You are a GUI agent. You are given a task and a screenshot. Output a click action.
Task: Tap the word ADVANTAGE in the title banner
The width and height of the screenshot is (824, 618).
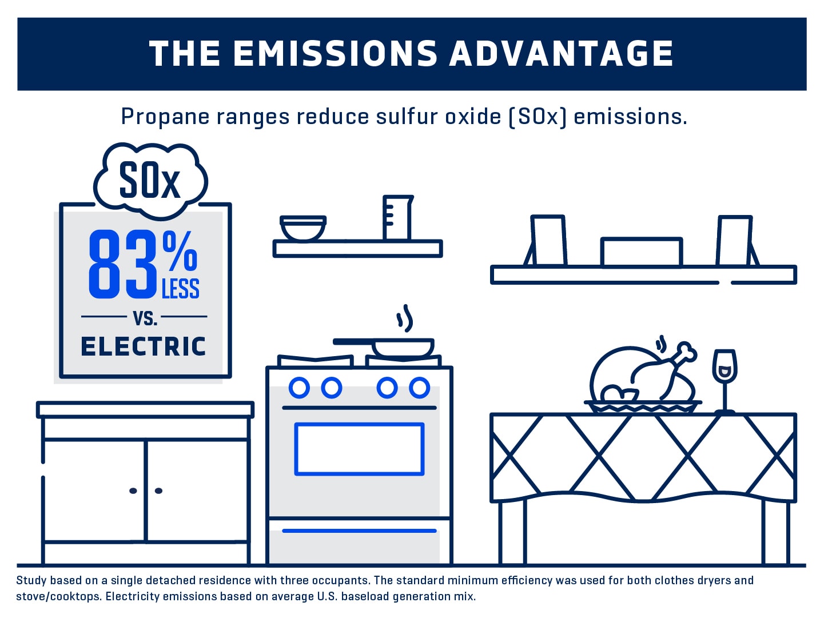pyautogui.click(x=562, y=54)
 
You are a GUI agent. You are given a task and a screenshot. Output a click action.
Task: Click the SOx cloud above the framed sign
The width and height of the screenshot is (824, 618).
pyautogui.click(x=150, y=181)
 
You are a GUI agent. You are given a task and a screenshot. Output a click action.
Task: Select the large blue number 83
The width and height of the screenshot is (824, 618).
pyautogui.click(x=123, y=265)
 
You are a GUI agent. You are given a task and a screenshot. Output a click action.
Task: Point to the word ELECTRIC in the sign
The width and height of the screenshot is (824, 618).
pyautogui.click(x=144, y=346)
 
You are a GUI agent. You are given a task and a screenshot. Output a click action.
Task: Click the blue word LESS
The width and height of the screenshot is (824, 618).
pyautogui.click(x=181, y=289)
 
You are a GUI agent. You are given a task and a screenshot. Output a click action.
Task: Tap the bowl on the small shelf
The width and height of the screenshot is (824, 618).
pyautogui.click(x=303, y=228)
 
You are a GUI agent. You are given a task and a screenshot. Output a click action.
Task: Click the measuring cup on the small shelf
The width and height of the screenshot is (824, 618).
pyautogui.click(x=397, y=218)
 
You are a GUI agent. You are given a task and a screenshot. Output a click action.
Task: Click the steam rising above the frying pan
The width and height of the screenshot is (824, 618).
pyautogui.click(x=405, y=318)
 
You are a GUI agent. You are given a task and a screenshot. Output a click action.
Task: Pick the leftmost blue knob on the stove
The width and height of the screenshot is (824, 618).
pyautogui.click(x=299, y=388)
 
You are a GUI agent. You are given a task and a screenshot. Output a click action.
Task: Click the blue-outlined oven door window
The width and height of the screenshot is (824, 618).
pyautogui.click(x=359, y=449)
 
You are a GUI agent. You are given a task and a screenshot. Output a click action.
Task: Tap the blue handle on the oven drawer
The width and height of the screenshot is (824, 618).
pyautogui.click(x=359, y=531)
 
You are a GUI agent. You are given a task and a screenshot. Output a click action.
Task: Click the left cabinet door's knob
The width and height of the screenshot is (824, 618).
pyautogui.click(x=133, y=491)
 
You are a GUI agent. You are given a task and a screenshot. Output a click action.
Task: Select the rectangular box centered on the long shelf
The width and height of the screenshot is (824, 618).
pyautogui.click(x=642, y=252)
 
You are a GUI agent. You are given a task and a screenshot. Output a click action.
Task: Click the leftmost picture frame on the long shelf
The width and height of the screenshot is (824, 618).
pyautogui.click(x=548, y=241)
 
